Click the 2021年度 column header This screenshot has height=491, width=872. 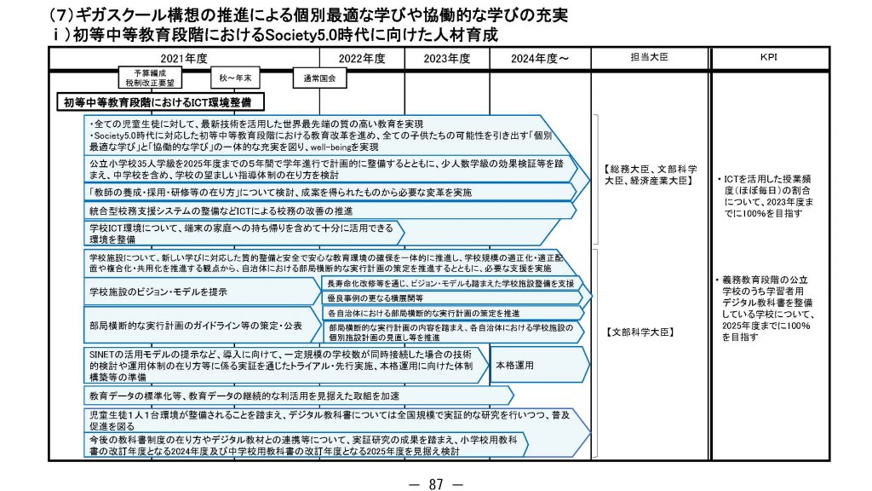point(184,58)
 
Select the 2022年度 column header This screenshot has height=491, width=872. point(362,58)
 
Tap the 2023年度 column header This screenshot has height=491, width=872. point(447,58)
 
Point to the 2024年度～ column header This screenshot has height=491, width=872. point(540,58)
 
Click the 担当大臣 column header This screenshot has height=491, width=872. point(651,57)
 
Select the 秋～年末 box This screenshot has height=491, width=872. point(236,78)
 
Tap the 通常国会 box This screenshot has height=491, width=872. point(319,78)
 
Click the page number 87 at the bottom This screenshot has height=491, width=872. point(435,483)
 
